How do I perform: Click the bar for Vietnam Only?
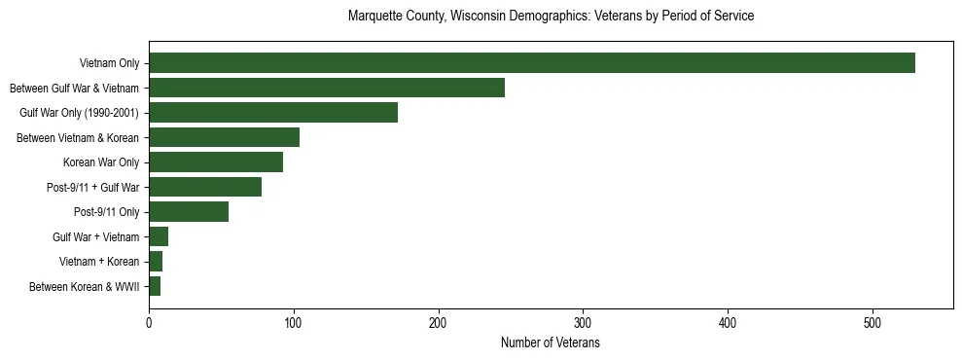point(531,63)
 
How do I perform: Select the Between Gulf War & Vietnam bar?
point(326,88)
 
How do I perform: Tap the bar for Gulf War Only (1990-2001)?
point(272,113)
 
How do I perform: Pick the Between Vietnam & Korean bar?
point(224,137)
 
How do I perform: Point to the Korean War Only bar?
point(216,162)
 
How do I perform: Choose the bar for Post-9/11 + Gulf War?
point(204,187)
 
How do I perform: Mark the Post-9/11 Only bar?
point(189,212)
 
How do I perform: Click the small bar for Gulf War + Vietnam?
point(159,236)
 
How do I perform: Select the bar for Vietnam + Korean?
point(156,262)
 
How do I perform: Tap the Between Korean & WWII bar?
point(155,286)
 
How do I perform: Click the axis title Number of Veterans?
point(550,342)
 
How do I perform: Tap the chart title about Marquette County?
point(551,17)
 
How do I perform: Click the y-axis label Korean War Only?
point(101,162)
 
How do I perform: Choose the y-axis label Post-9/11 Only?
point(106,212)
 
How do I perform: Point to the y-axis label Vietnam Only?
point(109,63)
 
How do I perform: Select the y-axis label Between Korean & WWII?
point(85,286)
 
